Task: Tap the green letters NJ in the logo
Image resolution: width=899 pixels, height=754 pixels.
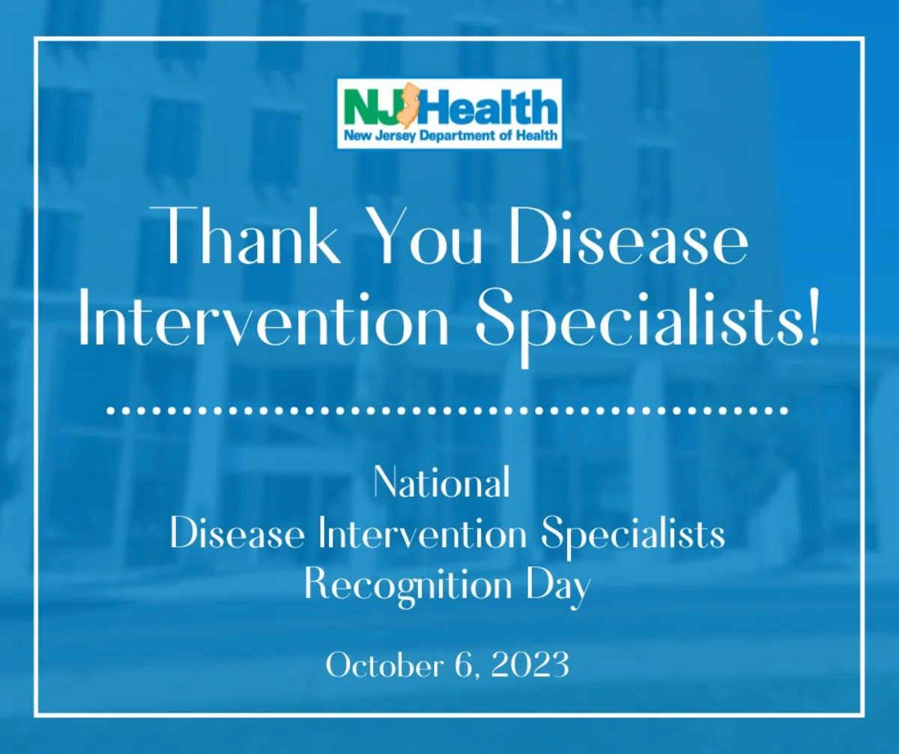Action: (375, 106)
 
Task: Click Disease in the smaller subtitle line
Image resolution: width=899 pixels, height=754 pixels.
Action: (237, 533)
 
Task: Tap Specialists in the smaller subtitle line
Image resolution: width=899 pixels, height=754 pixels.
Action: (633, 536)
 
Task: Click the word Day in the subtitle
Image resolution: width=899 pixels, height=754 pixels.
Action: (558, 588)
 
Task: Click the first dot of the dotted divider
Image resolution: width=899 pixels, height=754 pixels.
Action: (111, 411)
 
